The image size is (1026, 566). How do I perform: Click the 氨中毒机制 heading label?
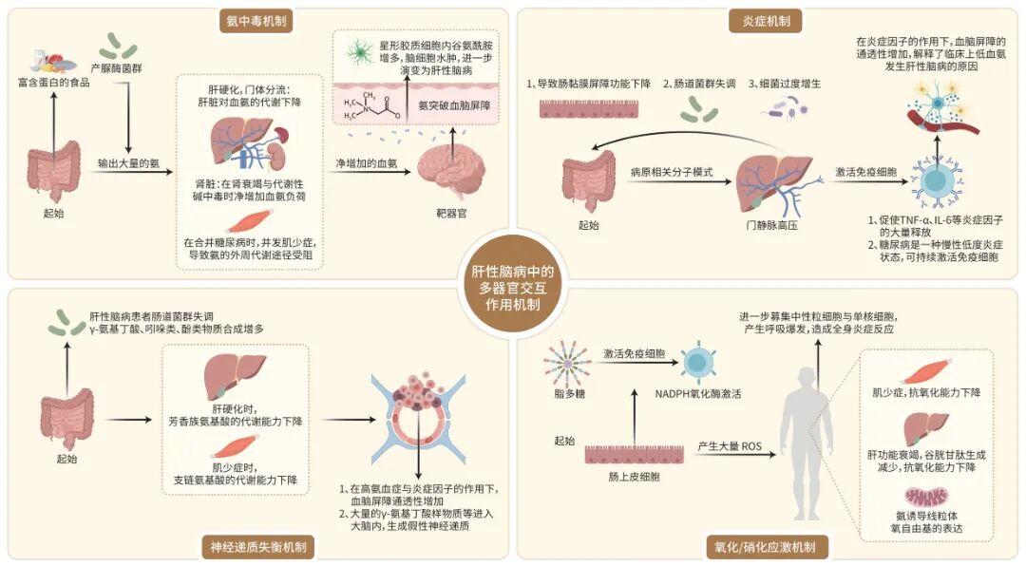256,21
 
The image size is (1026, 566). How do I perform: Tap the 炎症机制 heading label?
766,21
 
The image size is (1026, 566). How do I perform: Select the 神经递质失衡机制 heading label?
258,547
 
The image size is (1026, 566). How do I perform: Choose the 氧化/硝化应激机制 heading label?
764,547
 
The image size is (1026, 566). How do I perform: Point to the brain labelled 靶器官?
451,173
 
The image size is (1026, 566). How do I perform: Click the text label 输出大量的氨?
129,163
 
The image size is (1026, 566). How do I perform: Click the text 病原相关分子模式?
672,173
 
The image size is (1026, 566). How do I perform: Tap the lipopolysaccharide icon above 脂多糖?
568,364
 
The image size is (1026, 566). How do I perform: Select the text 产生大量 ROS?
730,446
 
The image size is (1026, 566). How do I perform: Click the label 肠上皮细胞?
634,477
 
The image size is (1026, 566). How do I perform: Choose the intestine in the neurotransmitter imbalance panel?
66,419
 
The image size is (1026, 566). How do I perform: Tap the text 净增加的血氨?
367,163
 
